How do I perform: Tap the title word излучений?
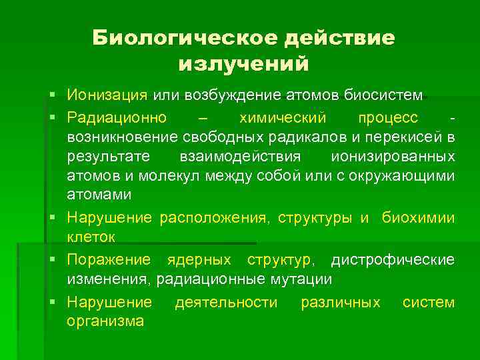tap(244, 65)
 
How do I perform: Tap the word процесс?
tap(389, 118)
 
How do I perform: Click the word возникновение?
tap(119, 137)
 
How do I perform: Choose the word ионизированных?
tap(393, 157)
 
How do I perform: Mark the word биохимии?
tap(419, 218)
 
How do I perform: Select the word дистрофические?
tap(393, 259)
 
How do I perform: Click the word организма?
tap(105, 321)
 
